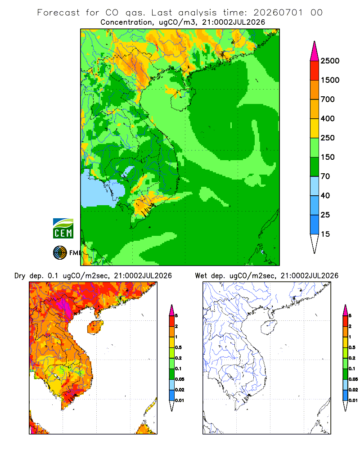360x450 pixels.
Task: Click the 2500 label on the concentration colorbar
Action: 330,61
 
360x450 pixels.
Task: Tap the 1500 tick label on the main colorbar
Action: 330,80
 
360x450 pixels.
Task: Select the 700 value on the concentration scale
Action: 328,99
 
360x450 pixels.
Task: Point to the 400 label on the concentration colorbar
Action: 328,118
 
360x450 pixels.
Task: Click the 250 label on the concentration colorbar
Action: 328,138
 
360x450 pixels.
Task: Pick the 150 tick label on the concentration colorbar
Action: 328,157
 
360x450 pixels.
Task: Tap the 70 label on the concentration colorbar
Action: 325,176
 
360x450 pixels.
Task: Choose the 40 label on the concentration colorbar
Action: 325,195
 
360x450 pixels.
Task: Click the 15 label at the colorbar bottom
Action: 325,234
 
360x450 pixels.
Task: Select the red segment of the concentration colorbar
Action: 315,71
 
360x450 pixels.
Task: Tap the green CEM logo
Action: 63,229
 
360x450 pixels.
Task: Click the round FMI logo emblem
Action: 60,253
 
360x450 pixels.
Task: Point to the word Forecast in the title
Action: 58,13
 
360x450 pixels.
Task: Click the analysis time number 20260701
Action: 278,13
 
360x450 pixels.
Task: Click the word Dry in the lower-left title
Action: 20,276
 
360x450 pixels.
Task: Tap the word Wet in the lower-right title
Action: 201,276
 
